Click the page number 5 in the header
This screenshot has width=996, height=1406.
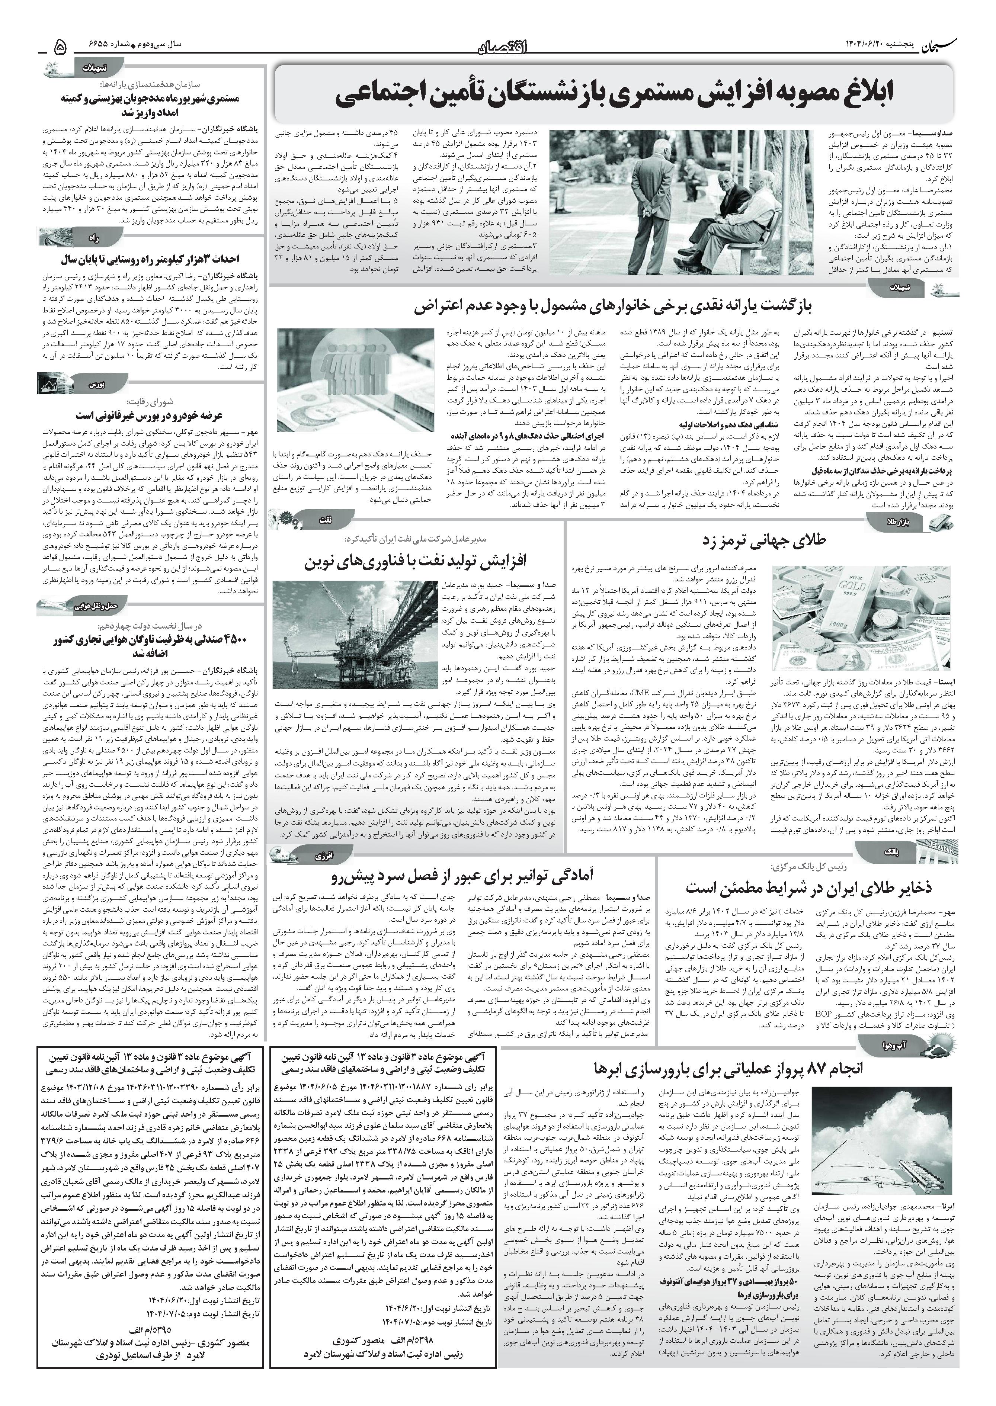(60, 46)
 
